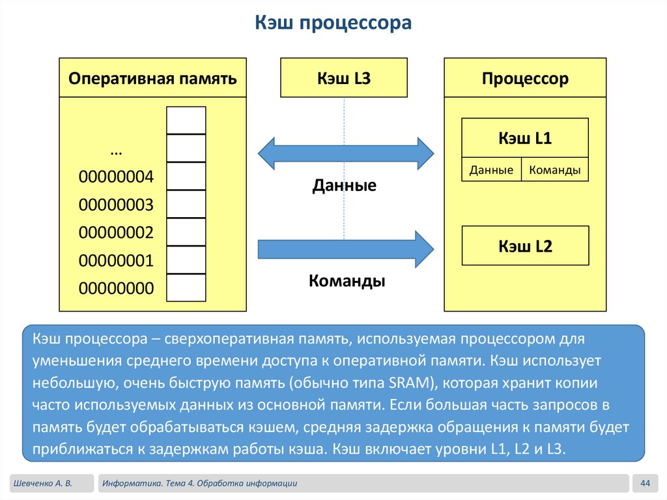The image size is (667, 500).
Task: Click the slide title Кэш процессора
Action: tap(333, 24)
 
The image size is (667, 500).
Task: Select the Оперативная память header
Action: tap(152, 79)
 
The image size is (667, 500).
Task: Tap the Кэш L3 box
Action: tap(343, 78)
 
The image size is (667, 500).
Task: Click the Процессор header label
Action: tap(525, 79)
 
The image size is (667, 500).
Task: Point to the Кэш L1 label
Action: tap(525, 138)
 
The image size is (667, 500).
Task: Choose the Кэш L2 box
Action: tap(525, 246)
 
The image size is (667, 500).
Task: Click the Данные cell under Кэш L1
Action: tap(492, 170)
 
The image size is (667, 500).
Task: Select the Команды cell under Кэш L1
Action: tap(555, 170)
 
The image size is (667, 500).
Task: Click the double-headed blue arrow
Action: tap(345, 154)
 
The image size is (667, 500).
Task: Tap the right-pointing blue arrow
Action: tap(345, 248)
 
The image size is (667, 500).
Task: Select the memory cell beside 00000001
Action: tap(186, 259)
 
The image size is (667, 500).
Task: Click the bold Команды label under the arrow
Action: tap(347, 282)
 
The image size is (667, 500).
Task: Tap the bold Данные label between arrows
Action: tap(344, 186)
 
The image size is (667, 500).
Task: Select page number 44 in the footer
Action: tap(646, 483)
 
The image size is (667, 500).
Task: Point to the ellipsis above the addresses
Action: tap(117, 151)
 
